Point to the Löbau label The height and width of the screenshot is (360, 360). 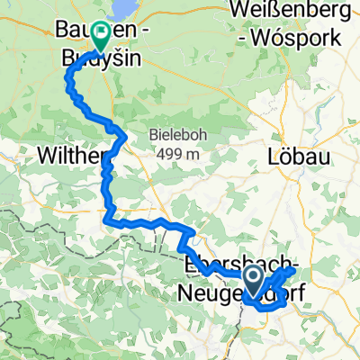pos(293,156)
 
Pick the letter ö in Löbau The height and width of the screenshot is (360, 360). pos(282,156)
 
